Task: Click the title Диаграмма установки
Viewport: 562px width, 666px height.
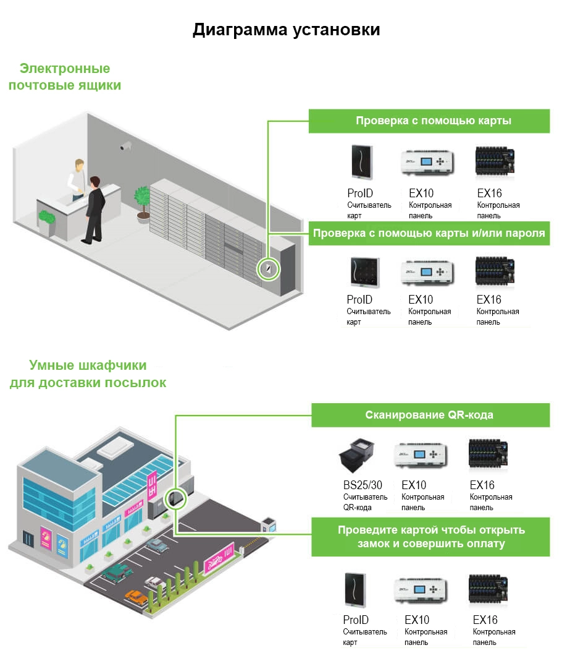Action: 286,30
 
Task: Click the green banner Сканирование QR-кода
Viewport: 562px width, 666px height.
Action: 430,415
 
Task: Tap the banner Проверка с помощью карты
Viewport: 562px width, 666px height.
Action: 433,121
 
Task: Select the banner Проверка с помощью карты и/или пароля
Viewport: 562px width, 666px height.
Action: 429,233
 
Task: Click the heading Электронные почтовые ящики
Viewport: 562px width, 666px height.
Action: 65,77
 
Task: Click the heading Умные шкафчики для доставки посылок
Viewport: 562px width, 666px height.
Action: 88,374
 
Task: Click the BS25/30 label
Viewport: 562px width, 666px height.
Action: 359,485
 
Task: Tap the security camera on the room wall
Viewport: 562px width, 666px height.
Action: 127,147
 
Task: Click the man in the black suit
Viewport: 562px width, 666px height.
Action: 94,208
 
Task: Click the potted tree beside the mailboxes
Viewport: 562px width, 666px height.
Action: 143,202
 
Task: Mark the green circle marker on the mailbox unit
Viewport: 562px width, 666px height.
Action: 269,269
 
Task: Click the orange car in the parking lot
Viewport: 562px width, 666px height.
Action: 136,596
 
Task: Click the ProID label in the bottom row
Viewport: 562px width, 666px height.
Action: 356,620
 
